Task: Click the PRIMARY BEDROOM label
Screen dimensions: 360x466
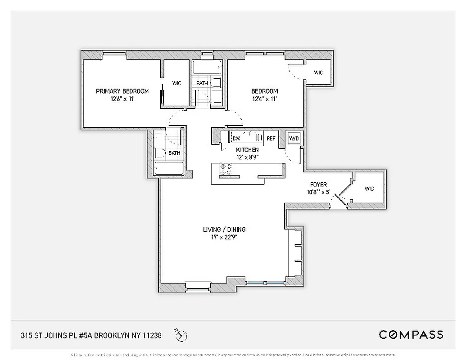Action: click(x=122, y=91)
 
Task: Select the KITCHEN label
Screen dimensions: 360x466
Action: click(x=247, y=149)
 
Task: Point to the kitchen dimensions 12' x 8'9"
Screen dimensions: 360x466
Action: click(x=247, y=157)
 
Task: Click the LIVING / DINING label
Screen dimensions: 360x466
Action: click(x=224, y=229)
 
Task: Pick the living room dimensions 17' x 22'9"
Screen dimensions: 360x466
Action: click(x=224, y=237)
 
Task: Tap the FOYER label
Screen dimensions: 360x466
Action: click(x=318, y=184)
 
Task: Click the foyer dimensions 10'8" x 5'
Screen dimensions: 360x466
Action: click(x=318, y=192)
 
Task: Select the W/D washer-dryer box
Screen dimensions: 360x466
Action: click(x=294, y=138)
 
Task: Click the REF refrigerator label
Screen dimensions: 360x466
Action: click(x=271, y=139)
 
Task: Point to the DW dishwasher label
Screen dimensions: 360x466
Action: click(x=236, y=139)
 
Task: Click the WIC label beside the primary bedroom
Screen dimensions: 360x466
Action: click(x=176, y=83)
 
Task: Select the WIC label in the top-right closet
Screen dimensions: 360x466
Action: click(x=318, y=72)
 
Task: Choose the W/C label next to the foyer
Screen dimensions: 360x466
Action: click(x=369, y=189)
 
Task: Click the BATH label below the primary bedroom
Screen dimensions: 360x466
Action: click(x=174, y=153)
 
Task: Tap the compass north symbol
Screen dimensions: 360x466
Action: click(x=182, y=335)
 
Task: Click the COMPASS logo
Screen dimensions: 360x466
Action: click(x=411, y=334)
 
